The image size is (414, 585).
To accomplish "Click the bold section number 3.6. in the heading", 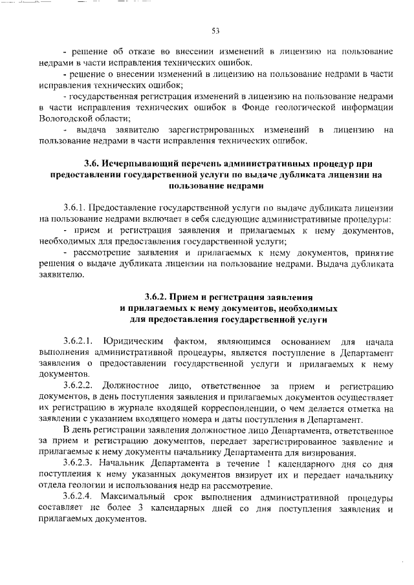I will [x=95, y=163].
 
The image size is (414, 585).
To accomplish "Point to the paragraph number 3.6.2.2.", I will [x=79, y=385].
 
